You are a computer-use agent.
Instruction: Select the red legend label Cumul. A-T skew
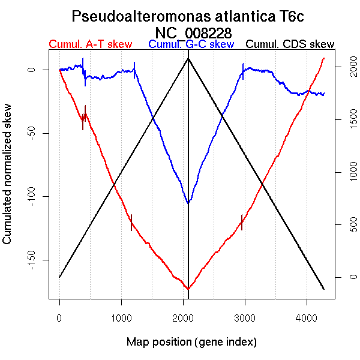(90, 44)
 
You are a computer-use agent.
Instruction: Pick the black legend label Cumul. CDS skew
(290, 44)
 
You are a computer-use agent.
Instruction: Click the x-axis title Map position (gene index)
(191, 342)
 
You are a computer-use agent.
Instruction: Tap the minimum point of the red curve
(188, 289)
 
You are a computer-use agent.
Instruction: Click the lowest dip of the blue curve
(188, 203)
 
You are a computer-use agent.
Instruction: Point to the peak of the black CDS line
(188, 58)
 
